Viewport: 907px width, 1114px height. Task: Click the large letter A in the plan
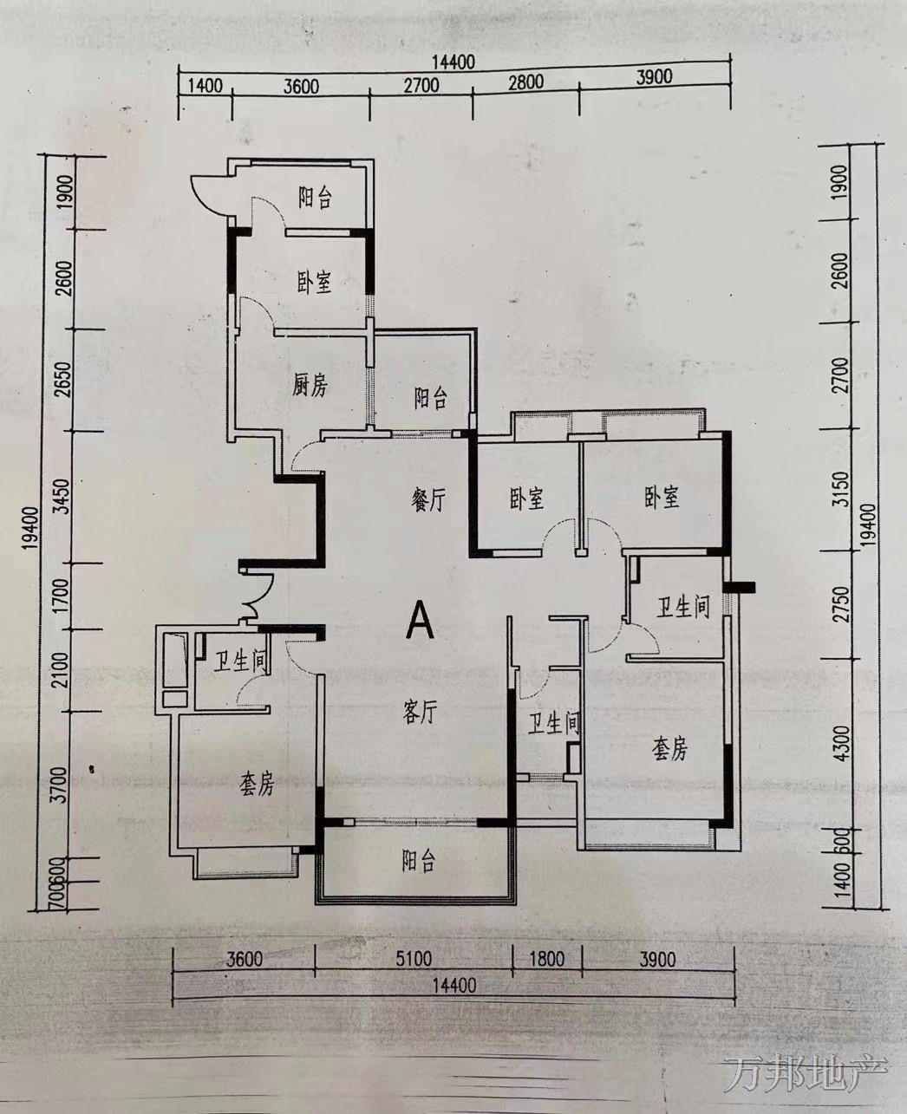[x=421, y=619]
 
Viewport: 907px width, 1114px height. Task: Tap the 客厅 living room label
[x=420, y=712]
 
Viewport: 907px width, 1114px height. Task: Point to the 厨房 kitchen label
[x=310, y=386]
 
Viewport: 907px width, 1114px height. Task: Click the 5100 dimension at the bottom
[x=414, y=959]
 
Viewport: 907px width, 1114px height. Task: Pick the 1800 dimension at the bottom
[x=546, y=959]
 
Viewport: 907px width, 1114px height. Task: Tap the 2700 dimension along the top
[x=421, y=85]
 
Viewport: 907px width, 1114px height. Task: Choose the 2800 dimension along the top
[x=526, y=81]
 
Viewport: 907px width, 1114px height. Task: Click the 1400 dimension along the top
[x=205, y=85]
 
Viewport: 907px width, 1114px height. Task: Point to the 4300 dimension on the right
[x=842, y=743]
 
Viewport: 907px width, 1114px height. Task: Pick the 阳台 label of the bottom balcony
[x=419, y=860]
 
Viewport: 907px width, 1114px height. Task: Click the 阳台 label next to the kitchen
[x=430, y=398]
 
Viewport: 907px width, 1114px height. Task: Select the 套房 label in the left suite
[x=257, y=785]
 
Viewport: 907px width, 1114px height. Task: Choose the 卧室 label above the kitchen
[x=315, y=283]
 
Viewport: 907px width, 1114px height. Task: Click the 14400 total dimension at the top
[x=453, y=62]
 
